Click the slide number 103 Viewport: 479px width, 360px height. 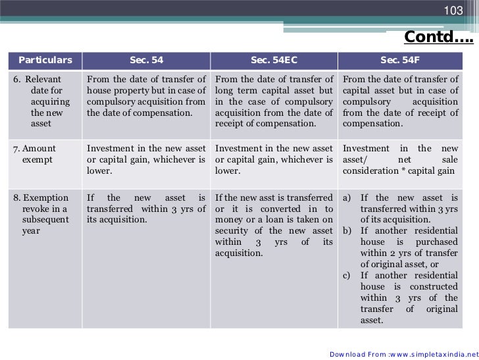(454, 11)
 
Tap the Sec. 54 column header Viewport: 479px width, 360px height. (146, 60)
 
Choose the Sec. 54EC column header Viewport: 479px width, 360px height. (274, 60)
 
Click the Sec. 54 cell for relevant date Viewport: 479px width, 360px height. (146, 96)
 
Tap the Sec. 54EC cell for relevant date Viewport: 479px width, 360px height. (274, 101)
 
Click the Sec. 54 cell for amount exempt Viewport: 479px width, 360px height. (146, 159)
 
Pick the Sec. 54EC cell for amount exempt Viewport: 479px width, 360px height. (274, 159)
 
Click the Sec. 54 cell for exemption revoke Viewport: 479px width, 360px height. (146, 208)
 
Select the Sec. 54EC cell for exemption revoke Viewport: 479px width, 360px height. (274, 225)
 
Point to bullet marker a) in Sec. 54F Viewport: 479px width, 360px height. (347, 197)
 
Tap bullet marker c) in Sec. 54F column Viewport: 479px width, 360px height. (347, 275)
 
